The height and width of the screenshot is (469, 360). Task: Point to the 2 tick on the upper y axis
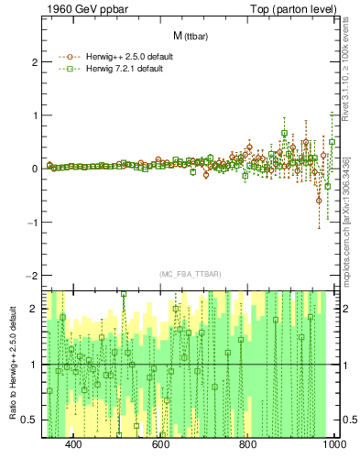point(33,62)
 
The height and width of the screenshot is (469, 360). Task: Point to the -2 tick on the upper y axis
point(31,276)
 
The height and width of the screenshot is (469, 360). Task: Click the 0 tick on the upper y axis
point(33,169)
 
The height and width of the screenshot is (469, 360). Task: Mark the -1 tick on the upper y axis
point(31,223)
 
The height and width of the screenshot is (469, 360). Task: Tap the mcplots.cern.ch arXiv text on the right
point(345,229)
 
